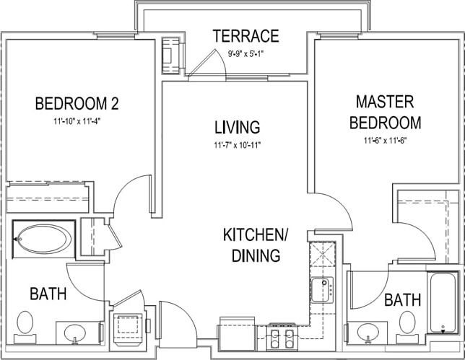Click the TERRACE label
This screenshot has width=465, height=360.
[245, 35]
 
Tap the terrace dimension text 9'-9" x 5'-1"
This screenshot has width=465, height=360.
[245, 52]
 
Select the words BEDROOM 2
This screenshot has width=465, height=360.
[77, 104]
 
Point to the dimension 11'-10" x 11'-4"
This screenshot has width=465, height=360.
[76, 121]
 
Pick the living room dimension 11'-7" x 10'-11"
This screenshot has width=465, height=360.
[236, 145]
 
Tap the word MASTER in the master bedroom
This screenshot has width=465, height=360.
[385, 101]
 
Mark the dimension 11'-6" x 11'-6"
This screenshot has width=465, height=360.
[386, 141]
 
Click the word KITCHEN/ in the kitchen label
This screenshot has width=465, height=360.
[255, 236]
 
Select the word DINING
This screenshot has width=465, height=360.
[255, 255]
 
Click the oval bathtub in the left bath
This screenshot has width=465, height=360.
[44, 237]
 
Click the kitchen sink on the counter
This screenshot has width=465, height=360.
[322, 289]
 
